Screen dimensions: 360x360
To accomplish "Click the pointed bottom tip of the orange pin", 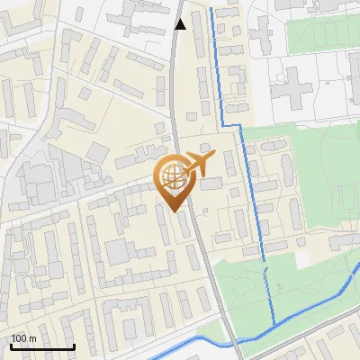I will click(174, 211).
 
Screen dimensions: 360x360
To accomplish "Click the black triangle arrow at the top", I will click(180, 25).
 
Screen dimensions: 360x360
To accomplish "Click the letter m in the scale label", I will click(33, 339).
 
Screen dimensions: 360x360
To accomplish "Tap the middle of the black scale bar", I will click(42, 346).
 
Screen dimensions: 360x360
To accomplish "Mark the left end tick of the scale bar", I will click(12, 345).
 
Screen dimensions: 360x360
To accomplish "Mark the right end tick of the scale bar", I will click(74, 345).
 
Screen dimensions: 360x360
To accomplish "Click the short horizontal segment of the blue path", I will click(232, 124).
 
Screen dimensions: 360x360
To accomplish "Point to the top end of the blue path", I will click(211, 9).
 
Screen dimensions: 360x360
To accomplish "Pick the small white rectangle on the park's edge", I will click(304, 257).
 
